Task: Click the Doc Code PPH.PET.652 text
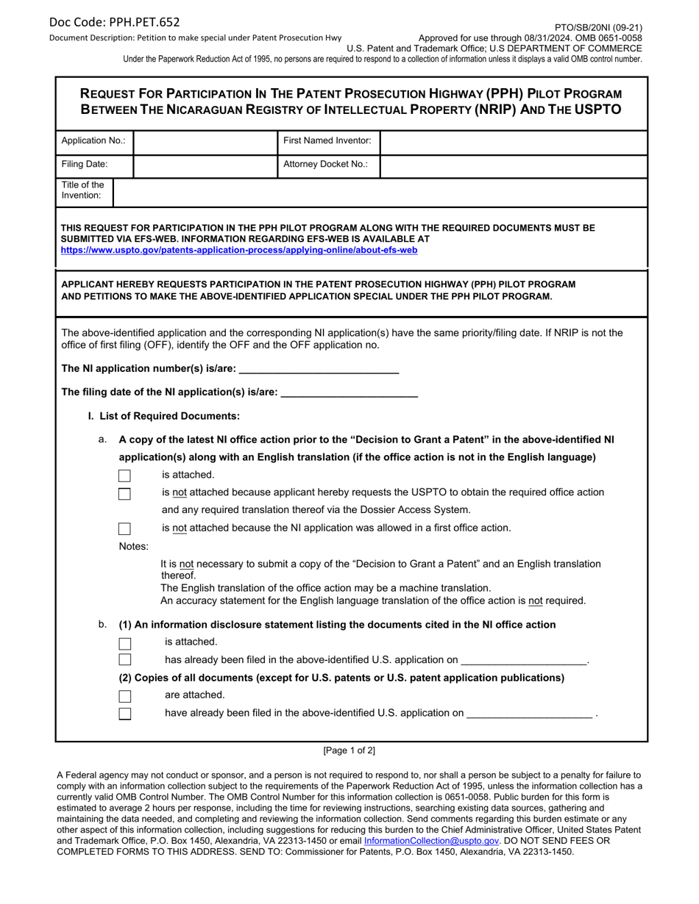114,22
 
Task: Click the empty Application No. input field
205,143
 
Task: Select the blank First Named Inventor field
513,143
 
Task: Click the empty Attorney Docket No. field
513,165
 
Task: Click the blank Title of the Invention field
379,192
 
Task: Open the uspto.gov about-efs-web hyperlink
239,251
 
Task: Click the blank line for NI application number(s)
319,369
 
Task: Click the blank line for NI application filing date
349,393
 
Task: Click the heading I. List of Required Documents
164,417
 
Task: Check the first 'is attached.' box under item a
125,476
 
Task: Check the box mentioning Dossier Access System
125,494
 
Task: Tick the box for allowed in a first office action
125,528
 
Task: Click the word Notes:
134,547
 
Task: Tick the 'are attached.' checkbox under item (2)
125,696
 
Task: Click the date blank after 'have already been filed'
530,713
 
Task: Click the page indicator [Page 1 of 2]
349,751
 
